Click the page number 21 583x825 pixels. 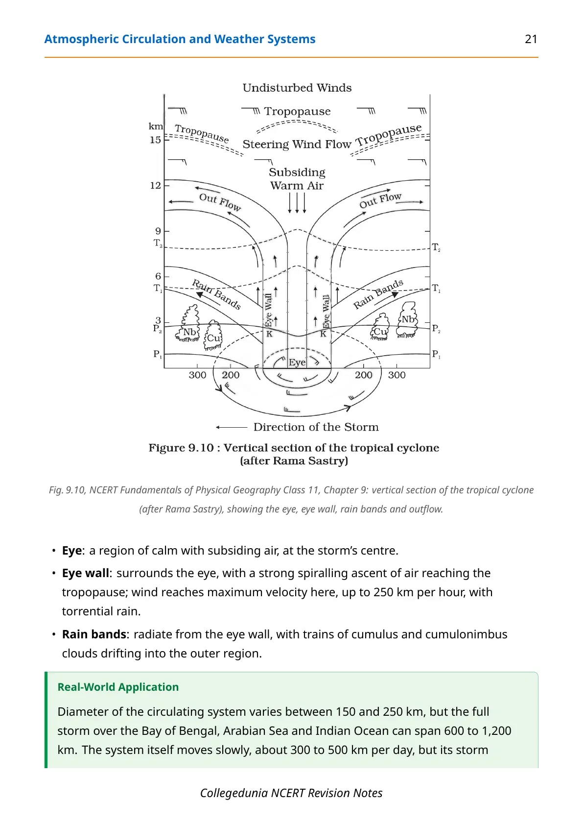point(531,39)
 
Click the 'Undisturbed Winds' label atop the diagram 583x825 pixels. point(297,88)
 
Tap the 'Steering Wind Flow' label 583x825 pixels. point(297,144)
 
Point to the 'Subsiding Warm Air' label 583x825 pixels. point(297,179)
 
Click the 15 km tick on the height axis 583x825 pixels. point(155,140)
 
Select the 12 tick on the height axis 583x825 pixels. point(155,185)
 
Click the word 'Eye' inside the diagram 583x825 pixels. point(297,363)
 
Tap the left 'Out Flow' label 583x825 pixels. point(220,202)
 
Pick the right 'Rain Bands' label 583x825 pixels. point(378,294)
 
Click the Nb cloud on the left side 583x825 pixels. point(189,324)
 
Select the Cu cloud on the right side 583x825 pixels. point(380,327)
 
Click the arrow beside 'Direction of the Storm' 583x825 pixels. point(232,427)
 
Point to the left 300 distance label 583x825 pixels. point(197,375)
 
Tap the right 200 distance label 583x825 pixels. point(363,375)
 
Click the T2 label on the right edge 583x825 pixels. point(436,247)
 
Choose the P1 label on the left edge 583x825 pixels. point(158,354)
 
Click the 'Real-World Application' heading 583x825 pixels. point(118,687)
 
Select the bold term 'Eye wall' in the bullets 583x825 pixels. point(85,573)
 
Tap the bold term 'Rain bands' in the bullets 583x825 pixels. point(94,634)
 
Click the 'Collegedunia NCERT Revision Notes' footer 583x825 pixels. point(291,793)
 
